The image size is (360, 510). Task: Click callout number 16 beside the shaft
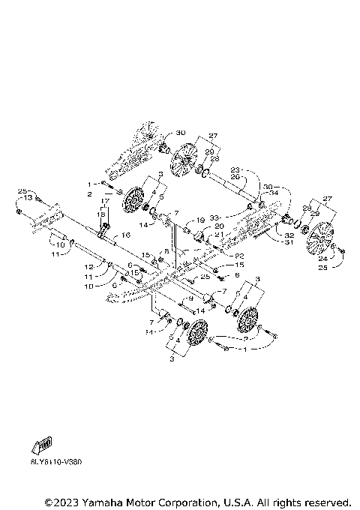point(126,235)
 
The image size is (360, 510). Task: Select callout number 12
point(88,267)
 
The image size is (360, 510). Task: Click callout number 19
point(200,220)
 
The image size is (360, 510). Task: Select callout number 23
point(234,169)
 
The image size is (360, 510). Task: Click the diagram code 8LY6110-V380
point(57,461)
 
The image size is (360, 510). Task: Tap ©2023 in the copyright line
point(61,501)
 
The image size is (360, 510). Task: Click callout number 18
point(101,213)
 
